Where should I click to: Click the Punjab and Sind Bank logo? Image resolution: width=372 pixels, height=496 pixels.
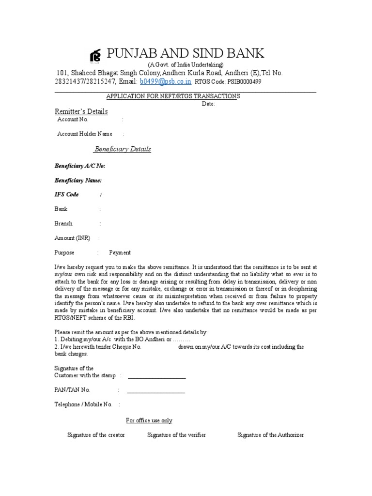click(96, 56)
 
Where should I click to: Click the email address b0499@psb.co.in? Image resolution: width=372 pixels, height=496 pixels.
click(166, 81)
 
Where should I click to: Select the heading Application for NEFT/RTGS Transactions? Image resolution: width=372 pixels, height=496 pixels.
click(173, 96)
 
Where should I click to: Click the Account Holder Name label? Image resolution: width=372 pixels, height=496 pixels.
click(85, 134)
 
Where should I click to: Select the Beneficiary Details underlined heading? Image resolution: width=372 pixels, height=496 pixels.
click(122, 149)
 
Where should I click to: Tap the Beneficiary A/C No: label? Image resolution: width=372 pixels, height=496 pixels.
click(79, 166)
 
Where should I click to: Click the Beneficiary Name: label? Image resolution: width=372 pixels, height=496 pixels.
click(78, 180)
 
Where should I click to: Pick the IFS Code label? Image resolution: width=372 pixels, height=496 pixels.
click(66, 195)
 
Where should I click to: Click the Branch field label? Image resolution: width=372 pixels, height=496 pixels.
click(63, 224)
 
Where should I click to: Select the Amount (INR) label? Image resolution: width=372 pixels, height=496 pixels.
click(72, 238)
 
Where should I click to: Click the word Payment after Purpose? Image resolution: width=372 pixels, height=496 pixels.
click(120, 253)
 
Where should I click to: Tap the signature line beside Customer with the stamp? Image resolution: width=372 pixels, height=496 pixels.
click(156, 378)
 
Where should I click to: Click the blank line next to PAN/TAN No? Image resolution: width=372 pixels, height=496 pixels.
click(156, 392)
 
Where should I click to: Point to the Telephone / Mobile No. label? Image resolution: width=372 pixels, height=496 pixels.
click(83, 404)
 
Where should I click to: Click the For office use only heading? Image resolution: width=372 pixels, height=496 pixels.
click(149, 420)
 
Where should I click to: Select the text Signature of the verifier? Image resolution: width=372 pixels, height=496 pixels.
click(176, 435)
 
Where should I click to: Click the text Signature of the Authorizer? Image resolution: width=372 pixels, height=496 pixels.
click(270, 435)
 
